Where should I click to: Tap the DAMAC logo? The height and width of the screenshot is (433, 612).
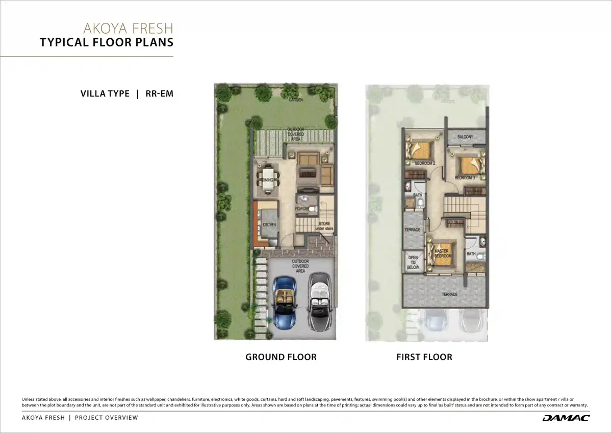click(566, 418)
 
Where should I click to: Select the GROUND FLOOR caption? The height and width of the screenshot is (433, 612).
click(281, 357)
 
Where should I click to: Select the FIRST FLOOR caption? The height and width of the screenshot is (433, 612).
click(424, 357)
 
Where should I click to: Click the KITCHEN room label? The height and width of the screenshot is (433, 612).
click(269, 225)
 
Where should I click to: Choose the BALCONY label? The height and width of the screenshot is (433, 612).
click(465, 137)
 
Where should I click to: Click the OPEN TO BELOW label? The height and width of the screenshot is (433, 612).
click(413, 262)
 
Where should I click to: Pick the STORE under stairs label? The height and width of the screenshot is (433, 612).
click(324, 226)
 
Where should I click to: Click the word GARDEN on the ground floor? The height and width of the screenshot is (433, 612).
click(296, 100)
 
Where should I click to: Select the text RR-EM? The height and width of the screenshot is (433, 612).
click(160, 94)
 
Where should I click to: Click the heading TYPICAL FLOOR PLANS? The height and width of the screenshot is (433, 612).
click(107, 42)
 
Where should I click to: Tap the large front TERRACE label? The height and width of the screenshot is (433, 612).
click(449, 294)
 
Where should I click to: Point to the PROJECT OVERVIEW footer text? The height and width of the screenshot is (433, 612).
click(107, 418)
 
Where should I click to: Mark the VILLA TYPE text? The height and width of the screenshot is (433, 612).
click(105, 94)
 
